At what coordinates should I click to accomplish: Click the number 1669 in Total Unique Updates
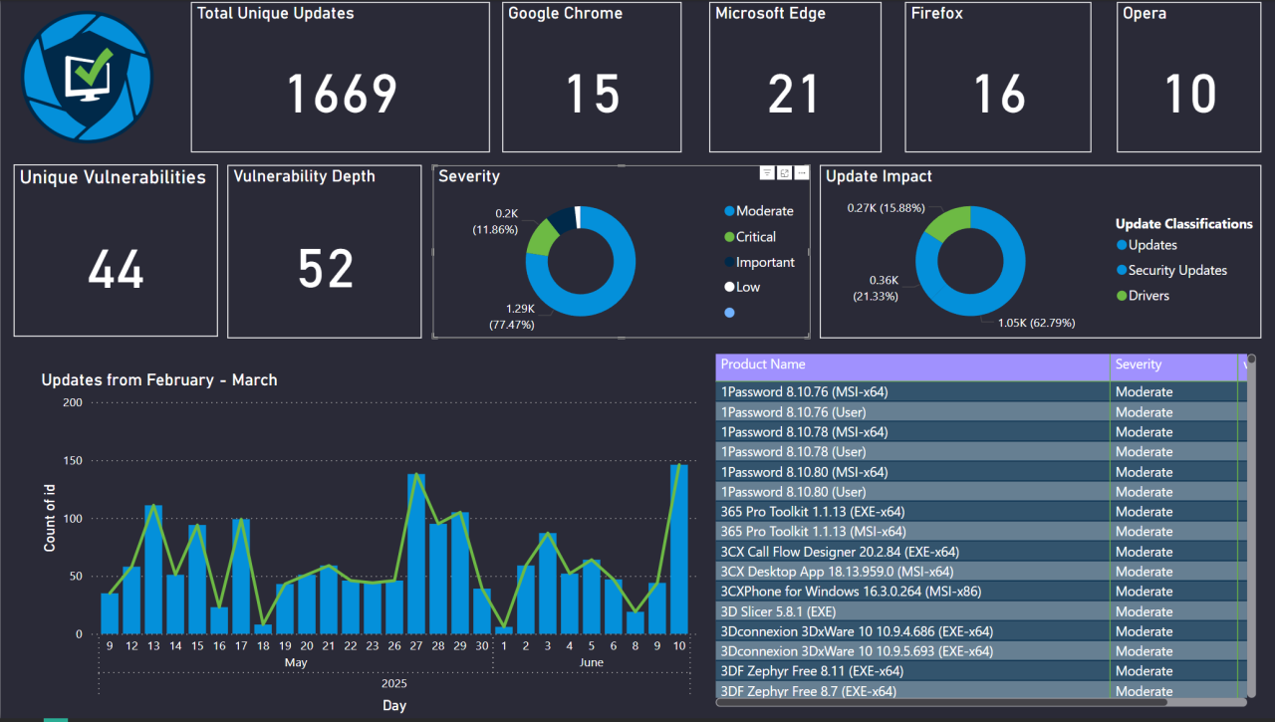pyautogui.click(x=342, y=95)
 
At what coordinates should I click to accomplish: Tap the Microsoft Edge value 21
pyautogui.click(x=794, y=95)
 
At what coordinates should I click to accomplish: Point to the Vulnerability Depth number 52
pyautogui.click(x=326, y=269)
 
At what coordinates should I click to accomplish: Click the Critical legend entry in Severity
pyautogui.click(x=755, y=237)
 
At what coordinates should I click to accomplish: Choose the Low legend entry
pyautogui.click(x=747, y=287)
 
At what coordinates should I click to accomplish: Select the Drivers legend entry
pyautogui.click(x=1148, y=296)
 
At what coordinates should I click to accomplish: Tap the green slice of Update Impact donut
pyautogui.click(x=947, y=223)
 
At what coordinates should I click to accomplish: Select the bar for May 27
pyautogui.click(x=416, y=554)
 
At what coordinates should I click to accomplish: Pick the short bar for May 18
pyautogui.click(x=263, y=628)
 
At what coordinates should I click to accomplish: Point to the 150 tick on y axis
pyautogui.click(x=72, y=461)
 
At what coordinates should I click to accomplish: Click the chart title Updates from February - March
pyautogui.click(x=159, y=380)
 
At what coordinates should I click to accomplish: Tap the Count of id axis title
pyautogui.click(x=50, y=518)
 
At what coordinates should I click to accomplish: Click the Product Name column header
pyautogui.click(x=763, y=365)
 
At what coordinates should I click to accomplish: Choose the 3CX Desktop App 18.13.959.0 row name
pyautogui.click(x=837, y=572)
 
